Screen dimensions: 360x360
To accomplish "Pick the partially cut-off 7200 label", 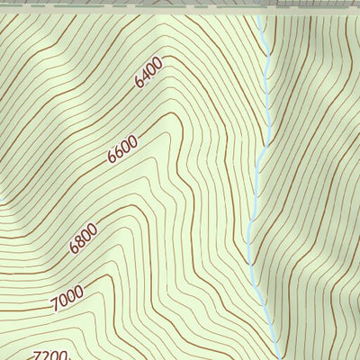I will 50,355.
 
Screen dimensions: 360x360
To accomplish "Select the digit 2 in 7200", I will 47,355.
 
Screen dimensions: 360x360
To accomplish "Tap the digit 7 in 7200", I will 38,357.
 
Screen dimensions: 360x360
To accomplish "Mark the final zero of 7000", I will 79,290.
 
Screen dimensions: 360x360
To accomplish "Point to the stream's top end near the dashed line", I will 261,18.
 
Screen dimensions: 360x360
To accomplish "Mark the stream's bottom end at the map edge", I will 273,357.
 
